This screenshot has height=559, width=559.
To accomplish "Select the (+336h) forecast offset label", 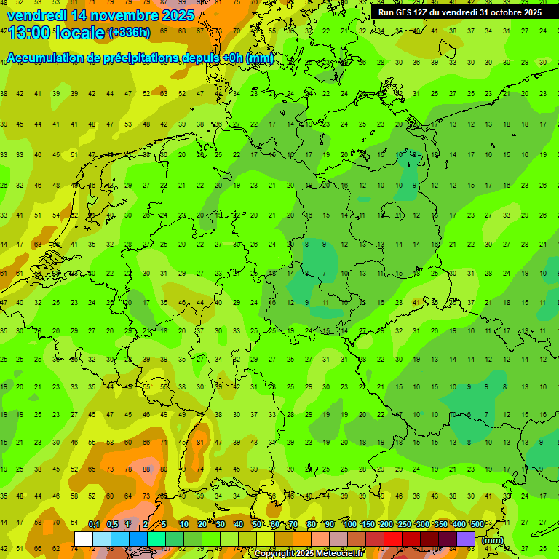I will click(130, 33).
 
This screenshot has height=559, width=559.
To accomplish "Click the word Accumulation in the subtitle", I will click(49, 58).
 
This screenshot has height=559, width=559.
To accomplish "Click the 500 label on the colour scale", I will click(477, 525).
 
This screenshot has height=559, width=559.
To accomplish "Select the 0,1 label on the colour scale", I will click(94, 525).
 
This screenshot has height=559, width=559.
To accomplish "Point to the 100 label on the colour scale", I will click(349, 525).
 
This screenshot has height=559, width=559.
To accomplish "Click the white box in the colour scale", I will click(83, 539).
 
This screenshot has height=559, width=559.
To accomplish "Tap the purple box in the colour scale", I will click(466, 539).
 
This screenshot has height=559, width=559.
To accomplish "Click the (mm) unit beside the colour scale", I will click(493, 540).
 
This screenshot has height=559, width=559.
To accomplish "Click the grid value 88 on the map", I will click(146, 469).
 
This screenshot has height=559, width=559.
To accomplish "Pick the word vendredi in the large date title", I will click(36, 15).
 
